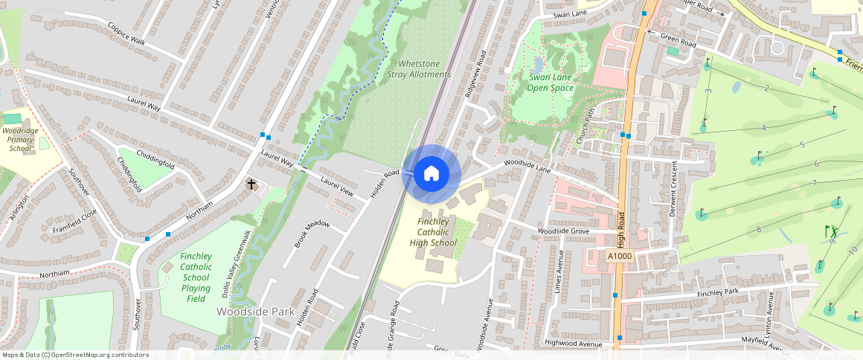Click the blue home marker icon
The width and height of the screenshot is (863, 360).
[431, 174]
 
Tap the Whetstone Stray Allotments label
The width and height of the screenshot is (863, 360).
[419, 69]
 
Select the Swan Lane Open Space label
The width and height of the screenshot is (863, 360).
[551, 82]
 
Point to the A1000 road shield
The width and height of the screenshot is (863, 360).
[619, 256]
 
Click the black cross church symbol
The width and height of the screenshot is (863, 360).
[251, 184]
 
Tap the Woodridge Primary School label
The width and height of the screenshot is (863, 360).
[20, 138]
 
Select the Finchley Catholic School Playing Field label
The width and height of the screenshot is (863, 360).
[195, 277]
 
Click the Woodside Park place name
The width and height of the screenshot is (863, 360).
[255, 311]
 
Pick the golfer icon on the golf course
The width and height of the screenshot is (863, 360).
[831, 231]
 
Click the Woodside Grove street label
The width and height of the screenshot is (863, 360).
[563, 232]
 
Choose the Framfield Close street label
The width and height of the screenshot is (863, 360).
[74, 221]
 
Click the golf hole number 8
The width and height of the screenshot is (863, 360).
[758, 229]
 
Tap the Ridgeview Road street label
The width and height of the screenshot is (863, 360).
[477, 74]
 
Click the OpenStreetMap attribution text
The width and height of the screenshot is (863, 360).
[74, 355]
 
